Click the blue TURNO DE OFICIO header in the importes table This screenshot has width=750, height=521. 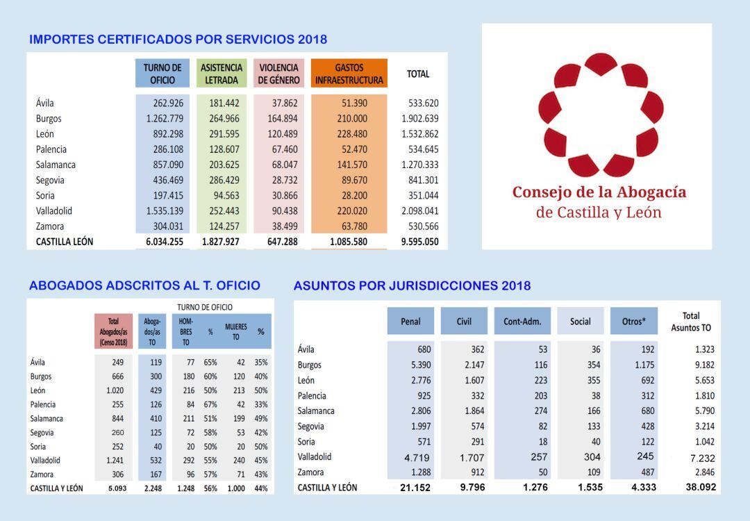[162, 74]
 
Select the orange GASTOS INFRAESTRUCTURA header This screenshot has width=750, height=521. [349, 74]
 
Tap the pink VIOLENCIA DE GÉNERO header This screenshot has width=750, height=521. [278, 74]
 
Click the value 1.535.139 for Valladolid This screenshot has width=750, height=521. [165, 211]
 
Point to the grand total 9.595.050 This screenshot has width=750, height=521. [419, 242]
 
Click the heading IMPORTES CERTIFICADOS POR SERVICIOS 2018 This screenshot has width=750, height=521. [178, 40]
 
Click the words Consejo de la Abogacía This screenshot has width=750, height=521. [599, 192]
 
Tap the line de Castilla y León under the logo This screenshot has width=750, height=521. [599, 213]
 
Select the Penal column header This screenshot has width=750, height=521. [410, 321]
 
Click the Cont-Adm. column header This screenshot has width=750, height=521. [522, 321]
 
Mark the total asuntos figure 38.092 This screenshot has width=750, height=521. [699, 488]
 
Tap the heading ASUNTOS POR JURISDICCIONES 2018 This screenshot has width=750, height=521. [412, 286]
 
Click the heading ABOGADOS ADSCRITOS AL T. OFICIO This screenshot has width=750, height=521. [144, 286]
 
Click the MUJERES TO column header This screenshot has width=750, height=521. [235, 331]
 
